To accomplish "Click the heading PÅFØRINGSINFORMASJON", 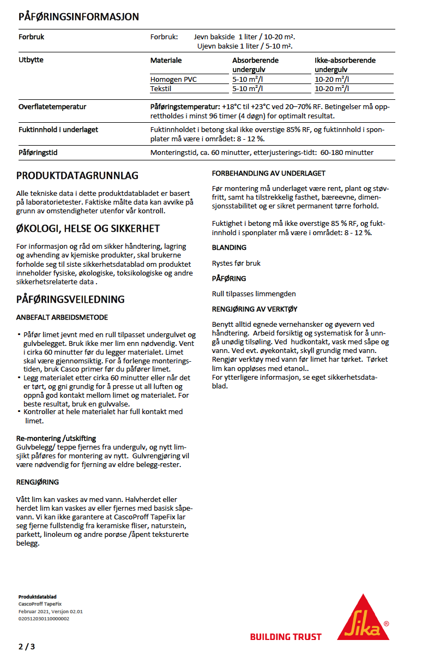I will coord(79,17).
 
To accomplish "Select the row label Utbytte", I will coord(31,60).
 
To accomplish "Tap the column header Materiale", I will coord(166,60).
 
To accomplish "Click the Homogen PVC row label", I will coord(173,80).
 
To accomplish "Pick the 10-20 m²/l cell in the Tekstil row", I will coord(332,88).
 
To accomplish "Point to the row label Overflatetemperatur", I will coord(52,107).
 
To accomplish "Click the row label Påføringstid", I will coord(38,153).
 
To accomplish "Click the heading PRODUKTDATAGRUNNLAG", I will coord(77,176).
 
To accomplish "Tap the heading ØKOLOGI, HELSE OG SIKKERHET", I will coord(88,228).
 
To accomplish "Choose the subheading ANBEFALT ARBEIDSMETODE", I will coord(62,317).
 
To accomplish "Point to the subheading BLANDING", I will coord(229,248).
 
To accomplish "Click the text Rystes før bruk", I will coord(236,263).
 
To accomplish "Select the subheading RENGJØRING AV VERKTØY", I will coord(255,309).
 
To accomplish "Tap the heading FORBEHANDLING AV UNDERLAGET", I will coord(268,174).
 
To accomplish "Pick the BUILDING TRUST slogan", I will coord(286,637).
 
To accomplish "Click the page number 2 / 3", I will coord(26,647).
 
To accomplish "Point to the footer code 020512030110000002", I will coord(44,619).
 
